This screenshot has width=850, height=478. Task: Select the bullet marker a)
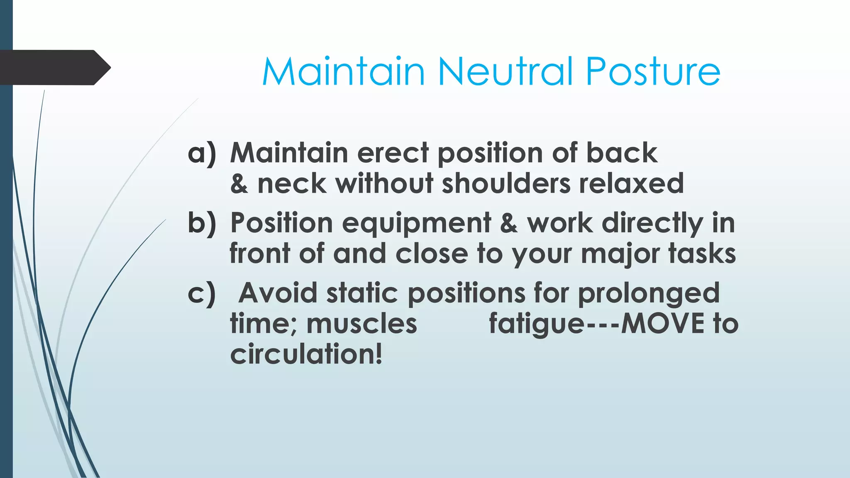click(x=202, y=153)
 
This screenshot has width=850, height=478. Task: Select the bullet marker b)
click(x=202, y=223)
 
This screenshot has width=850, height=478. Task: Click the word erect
click(x=393, y=153)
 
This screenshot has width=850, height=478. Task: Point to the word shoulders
click(x=506, y=183)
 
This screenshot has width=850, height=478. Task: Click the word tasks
click(x=702, y=254)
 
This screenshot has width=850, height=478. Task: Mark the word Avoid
click(x=278, y=293)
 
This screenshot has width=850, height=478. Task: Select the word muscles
click(x=361, y=324)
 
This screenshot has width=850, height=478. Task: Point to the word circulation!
click(x=306, y=354)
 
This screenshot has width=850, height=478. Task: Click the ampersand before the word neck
click(x=239, y=184)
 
